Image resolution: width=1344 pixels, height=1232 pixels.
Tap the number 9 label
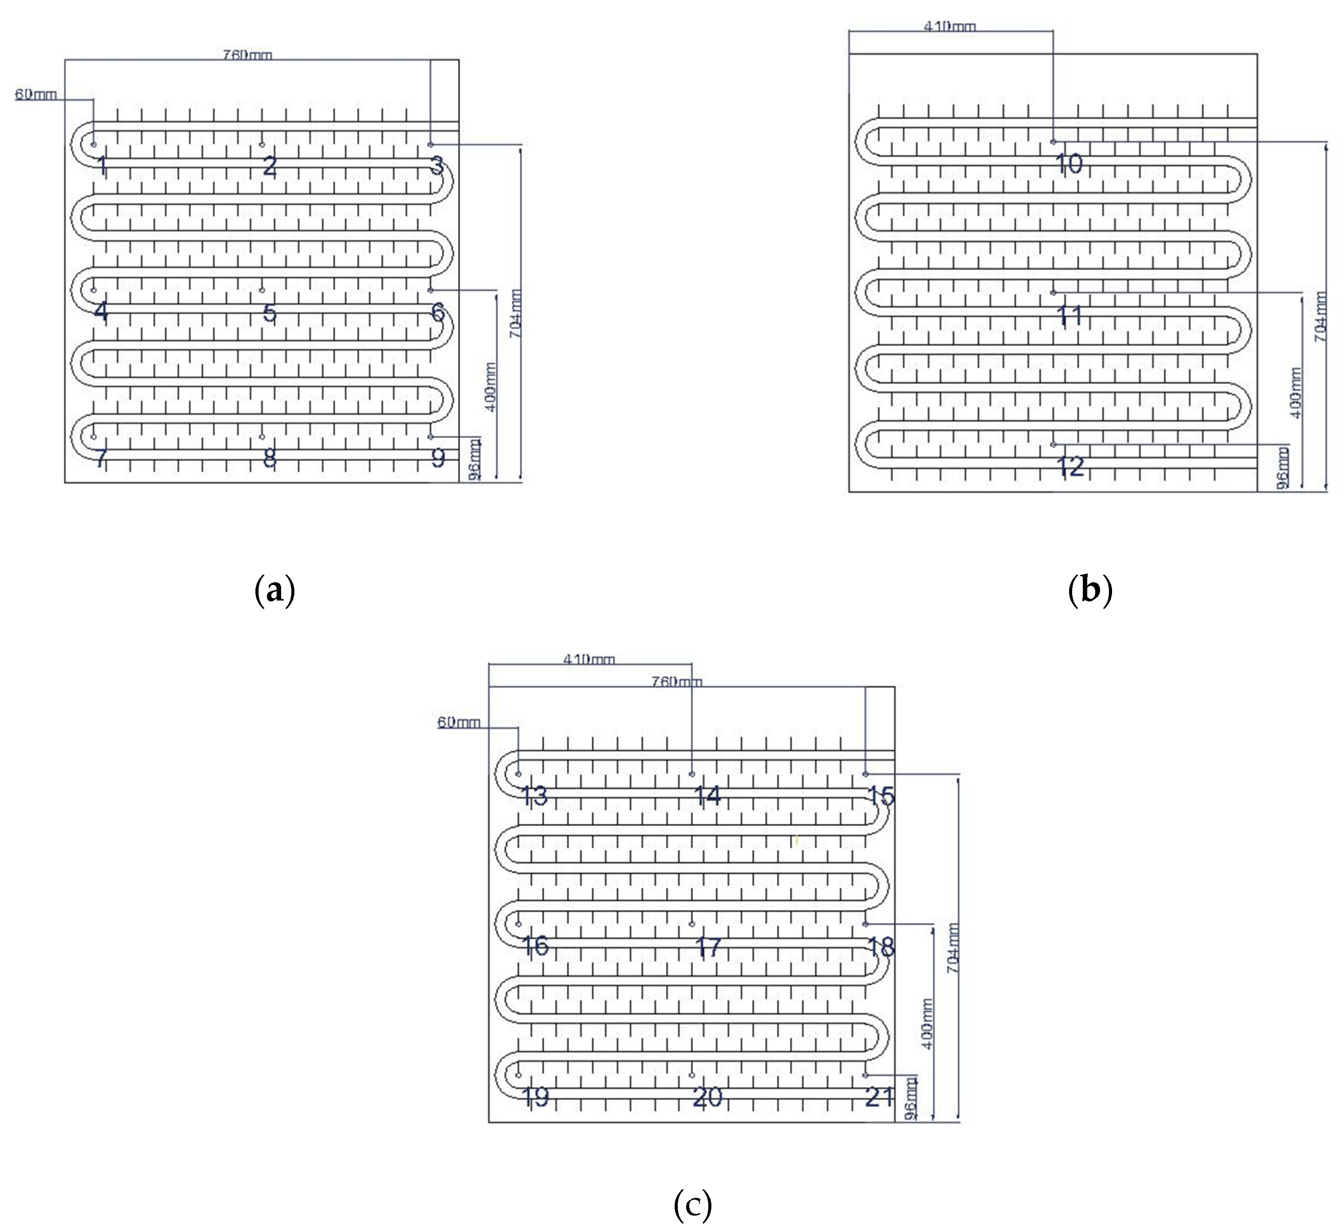pyautogui.click(x=438, y=457)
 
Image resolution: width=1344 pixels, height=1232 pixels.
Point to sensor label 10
pyautogui.click(x=1070, y=163)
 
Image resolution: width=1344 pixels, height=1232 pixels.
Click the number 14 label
pyautogui.click(x=707, y=795)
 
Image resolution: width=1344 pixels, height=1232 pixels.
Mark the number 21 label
pyautogui.click(x=879, y=1096)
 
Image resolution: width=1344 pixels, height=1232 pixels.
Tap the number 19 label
pyautogui.click(x=535, y=1096)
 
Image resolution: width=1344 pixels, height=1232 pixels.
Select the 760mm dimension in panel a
pyautogui.click(x=247, y=55)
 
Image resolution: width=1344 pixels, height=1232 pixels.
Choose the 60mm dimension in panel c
pyautogui.click(x=459, y=722)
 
